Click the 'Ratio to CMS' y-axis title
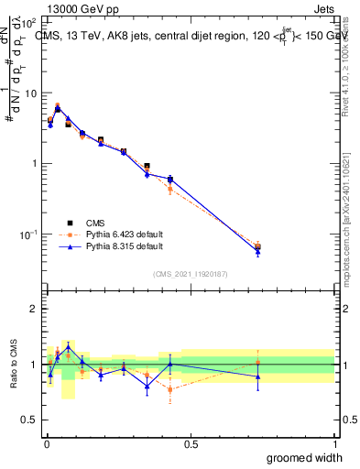click(x=13, y=365)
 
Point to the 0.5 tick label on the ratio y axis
click(x=29, y=420)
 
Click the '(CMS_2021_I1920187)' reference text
click(x=190, y=273)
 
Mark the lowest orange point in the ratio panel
click(x=170, y=389)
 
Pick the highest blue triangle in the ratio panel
click(x=68, y=347)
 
